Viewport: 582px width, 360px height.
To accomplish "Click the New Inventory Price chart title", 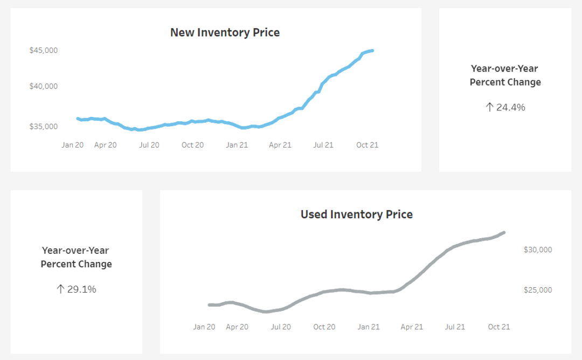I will pos(225,32).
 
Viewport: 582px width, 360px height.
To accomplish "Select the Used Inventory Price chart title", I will pos(356,214).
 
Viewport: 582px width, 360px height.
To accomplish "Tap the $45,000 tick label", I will pos(44,50).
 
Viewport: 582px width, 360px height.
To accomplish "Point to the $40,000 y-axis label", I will pos(44,86).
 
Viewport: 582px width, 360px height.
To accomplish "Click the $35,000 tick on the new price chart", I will pos(44,127).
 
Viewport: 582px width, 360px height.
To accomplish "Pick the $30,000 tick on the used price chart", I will pos(538,250).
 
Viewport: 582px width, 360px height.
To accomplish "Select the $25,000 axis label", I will pos(538,290).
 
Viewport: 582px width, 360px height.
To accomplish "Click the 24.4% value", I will pos(510,107).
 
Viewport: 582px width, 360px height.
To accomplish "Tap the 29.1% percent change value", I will pos(81,289).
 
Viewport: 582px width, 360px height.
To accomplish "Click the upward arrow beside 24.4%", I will pos(489,107).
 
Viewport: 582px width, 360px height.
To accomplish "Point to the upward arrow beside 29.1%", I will pos(60,289).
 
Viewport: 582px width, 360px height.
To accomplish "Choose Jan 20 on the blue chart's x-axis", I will pos(72,145).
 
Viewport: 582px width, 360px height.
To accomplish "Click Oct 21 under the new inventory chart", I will pos(368,145).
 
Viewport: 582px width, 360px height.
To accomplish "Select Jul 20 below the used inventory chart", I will pos(281,327).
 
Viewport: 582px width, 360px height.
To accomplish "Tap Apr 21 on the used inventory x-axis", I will pos(411,327).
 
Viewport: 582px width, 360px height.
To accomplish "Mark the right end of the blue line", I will pos(372,51).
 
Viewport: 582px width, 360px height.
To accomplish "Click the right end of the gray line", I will pos(504,232).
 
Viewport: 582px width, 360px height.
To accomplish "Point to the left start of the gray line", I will pos(209,305).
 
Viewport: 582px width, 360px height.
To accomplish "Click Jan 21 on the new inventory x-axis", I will pos(237,145).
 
